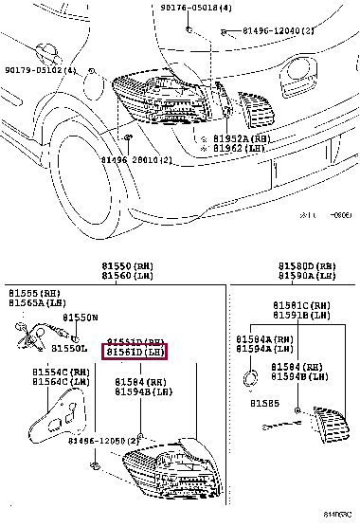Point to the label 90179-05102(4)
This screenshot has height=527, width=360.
pyautogui.click(x=41, y=69)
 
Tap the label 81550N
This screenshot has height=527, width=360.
pyautogui.click(x=80, y=318)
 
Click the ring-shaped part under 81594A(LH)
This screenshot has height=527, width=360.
pyautogui.click(x=250, y=379)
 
